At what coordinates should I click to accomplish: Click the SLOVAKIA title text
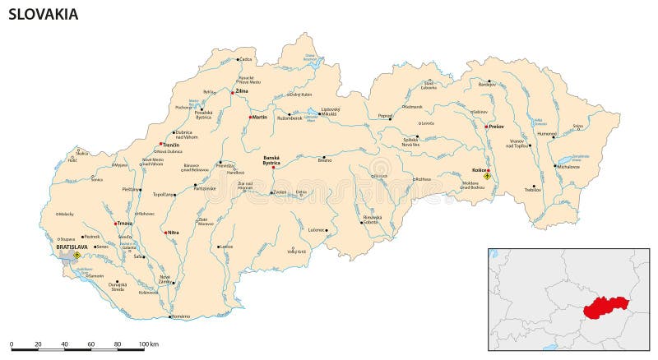coord(44,14)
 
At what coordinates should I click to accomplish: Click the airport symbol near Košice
coord(487,176)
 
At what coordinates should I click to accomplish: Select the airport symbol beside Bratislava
coord(76,255)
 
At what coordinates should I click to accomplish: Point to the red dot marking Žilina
coord(233,93)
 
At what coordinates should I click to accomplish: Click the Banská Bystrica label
coord(271,160)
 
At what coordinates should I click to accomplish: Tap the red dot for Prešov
coord(486,127)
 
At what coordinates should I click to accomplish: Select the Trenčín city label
coord(170,145)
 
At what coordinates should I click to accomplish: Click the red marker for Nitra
coord(165,233)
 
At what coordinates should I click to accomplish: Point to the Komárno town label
coord(180,316)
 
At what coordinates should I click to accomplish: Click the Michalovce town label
coord(568,167)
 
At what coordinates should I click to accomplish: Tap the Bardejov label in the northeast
coord(488,84)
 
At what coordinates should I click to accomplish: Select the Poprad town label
coord(384,116)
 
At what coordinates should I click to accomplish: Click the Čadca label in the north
coord(246,59)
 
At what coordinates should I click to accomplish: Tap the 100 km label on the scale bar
coord(148,343)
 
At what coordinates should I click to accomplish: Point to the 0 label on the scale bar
coord(12,343)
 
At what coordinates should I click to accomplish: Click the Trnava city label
coord(124,223)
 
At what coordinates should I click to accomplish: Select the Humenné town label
coord(546,133)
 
